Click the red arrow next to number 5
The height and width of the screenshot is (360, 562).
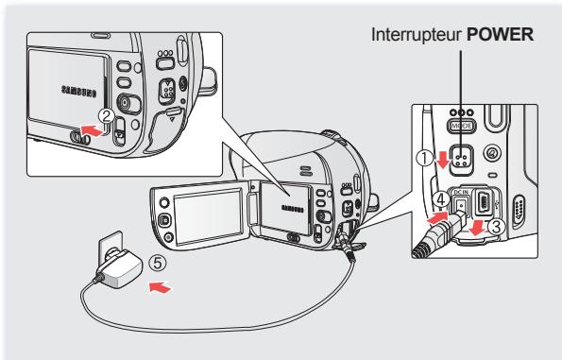(x=162, y=282)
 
